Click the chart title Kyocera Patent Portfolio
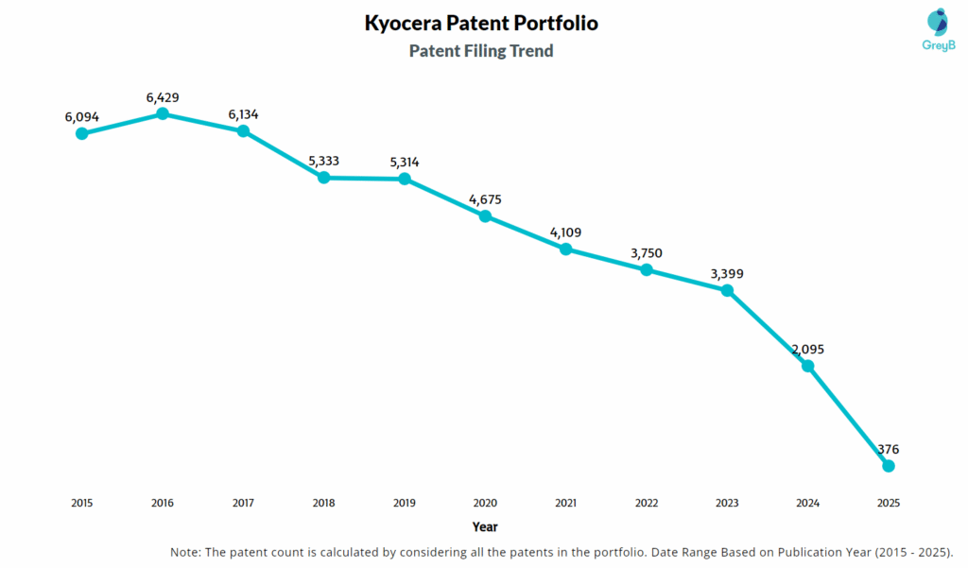pos(481,23)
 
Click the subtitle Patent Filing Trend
pos(481,51)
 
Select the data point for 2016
pos(163,113)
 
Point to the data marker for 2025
pos(888,466)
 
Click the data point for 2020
pos(485,215)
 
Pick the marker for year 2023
pos(727,290)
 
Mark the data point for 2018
pos(323,177)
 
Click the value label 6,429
pos(163,97)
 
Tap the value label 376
pos(888,450)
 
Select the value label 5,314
pos(405,163)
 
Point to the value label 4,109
pos(565,233)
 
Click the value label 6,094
pos(82,117)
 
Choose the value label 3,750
pos(647,253)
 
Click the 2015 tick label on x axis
pos(82,503)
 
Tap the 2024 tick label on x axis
pos(807,503)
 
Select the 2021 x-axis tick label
pos(565,503)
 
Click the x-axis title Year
pos(485,526)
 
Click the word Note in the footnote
pos(185,552)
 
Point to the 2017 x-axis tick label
pos(243,503)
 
